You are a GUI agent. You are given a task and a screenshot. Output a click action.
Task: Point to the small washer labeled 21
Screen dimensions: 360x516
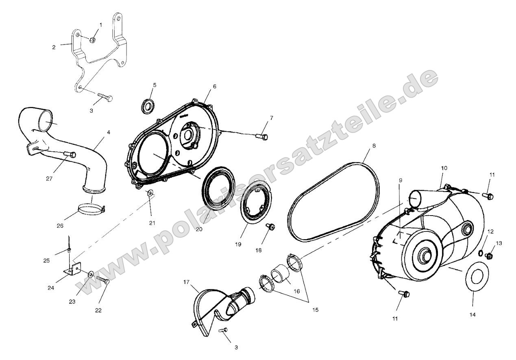[150, 193]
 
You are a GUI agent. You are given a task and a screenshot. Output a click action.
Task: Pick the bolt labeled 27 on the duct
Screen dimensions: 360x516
[70, 154]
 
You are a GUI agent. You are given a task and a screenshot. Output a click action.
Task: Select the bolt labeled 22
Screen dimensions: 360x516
[103, 280]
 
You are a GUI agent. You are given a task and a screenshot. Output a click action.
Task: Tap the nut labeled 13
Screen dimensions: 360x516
[490, 256]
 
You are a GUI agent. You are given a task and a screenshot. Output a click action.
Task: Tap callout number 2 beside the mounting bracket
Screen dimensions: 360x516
[54, 47]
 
